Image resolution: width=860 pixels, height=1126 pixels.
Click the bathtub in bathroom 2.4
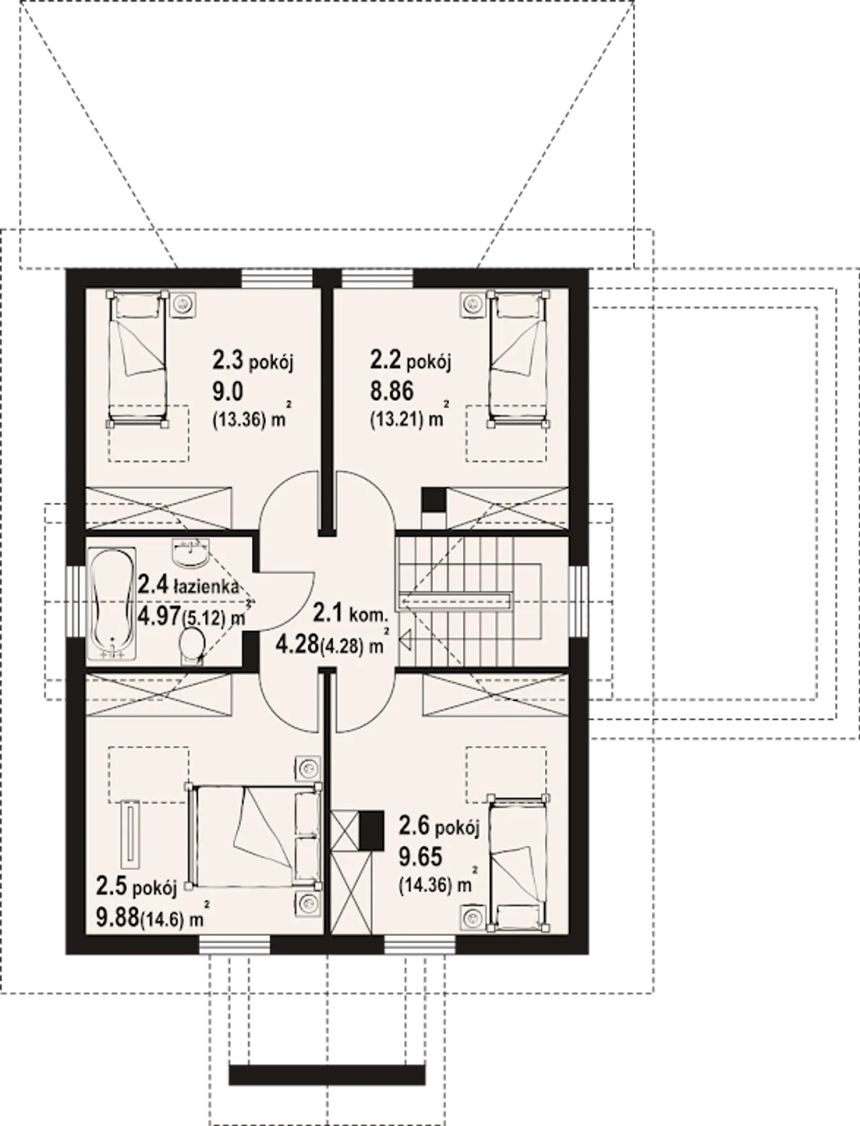pyautogui.click(x=113, y=604)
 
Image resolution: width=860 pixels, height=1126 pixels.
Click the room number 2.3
pyautogui.click(x=228, y=360)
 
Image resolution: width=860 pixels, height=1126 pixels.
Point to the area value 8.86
pyautogui.click(x=392, y=392)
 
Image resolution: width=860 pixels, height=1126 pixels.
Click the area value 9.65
pyautogui.click(x=421, y=856)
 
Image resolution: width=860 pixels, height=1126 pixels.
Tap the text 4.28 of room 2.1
pyautogui.click(x=297, y=645)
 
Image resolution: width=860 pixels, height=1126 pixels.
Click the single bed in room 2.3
pyautogui.click(x=137, y=359)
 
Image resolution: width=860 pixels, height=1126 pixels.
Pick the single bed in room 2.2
pyautogui.click(x=518, y=359)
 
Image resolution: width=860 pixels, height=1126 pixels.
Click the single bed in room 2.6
pyautogui.click(x=518, y=864)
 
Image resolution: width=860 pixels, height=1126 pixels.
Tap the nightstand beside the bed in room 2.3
pyautogui.click(x=182, y=305)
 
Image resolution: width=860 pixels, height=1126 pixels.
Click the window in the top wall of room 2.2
pyautogui.click(x=377, y=278)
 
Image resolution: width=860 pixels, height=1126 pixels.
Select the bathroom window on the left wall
pyautogui.click(x=75, y=601)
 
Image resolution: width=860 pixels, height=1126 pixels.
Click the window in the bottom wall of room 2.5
pyautogui.click(x=234, y=945)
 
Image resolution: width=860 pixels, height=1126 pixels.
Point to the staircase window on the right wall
pyautogui.click(x=578, y=601)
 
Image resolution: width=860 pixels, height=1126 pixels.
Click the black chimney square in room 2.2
pyautogui.click(x=433, y=499)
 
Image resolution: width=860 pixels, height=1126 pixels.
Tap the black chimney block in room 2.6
pyautogui.click(x=371, y=830)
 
